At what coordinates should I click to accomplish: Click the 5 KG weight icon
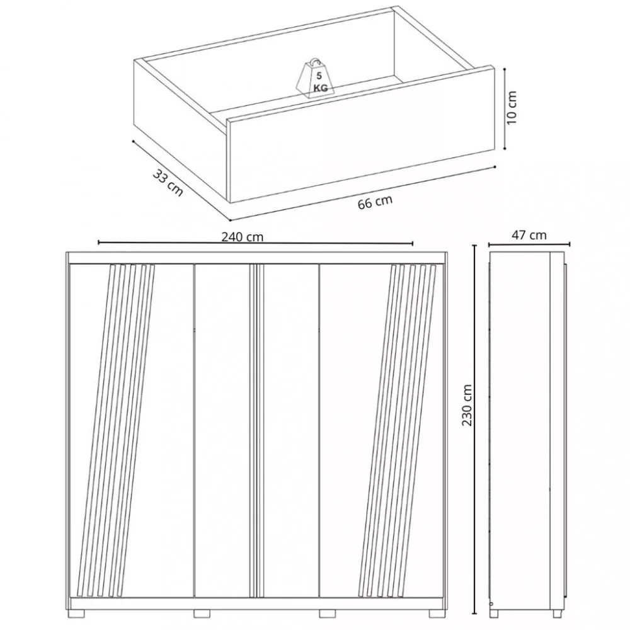316,79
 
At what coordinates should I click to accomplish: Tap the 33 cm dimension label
168,183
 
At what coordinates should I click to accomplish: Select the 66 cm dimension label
375,202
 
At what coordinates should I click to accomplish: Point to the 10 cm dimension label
512,107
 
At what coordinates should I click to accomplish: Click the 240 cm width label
243,237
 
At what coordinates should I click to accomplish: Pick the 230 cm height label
467,404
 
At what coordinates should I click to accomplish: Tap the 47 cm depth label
529,234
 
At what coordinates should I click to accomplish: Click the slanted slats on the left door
116,431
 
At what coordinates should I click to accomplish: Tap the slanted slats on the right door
398,431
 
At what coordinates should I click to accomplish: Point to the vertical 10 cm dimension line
505,108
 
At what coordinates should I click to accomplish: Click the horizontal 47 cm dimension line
529,244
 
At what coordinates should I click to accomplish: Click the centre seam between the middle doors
256,431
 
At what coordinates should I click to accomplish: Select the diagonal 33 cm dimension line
181,180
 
